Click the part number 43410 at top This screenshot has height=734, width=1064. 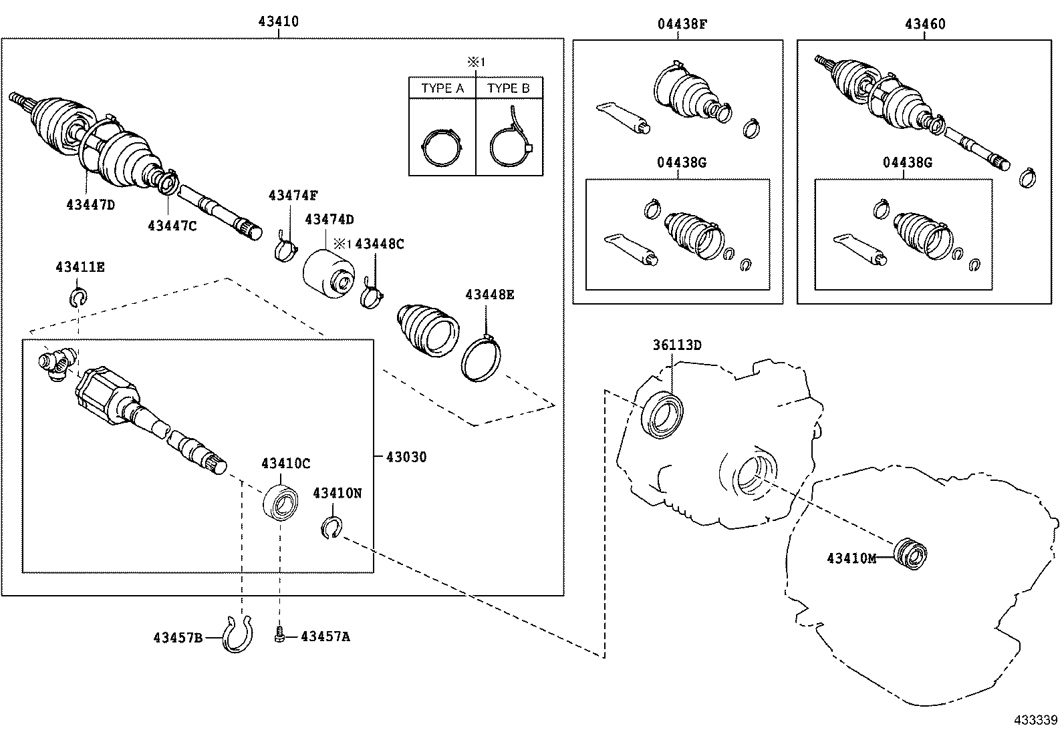click(279, 21)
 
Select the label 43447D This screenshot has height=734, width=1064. click(91, 204)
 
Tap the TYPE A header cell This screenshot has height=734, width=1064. click(442, 88)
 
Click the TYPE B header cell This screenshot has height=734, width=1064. click(508, 88)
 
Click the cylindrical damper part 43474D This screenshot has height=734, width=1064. click(327, 274)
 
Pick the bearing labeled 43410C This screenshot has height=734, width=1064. click(281, 502)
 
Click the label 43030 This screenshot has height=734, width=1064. click(406, 457)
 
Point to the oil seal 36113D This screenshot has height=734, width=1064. click(663, 415)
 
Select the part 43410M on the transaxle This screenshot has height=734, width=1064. click(910, 552)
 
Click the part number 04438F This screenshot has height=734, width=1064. click(681, 24)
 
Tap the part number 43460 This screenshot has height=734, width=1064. click(925, 24)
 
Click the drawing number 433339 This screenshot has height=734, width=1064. click(1035, 720)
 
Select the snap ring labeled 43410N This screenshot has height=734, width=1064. click(331, 528)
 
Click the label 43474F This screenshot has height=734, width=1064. click(293, 195)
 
